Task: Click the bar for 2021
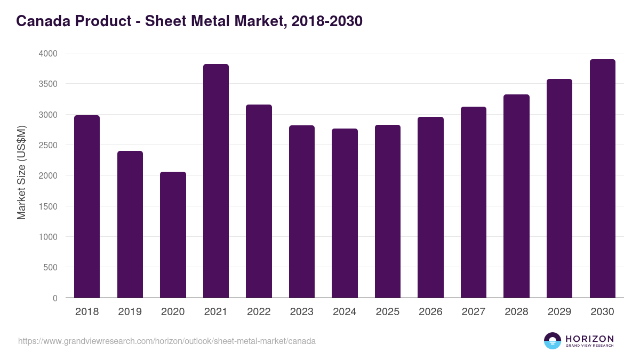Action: point(215,181)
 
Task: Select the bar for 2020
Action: point(173,235)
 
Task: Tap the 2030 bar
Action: point(602,179)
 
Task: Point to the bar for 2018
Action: point(87,206)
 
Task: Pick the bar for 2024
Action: point(345,213)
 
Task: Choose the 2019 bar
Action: point(130,224)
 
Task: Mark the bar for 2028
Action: point(516,196)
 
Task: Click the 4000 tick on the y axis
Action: point(47,53)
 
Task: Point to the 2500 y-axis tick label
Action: point(47,145)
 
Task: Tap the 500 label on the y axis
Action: point(51,267)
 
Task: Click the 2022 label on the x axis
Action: point(259,312)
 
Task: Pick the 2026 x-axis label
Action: point(430,312)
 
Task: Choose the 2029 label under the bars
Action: point(559,312)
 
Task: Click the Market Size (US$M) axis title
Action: point(21,172)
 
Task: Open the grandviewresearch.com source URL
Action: point(167,341)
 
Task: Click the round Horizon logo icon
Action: point(553,341)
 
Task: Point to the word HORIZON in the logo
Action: point(590,339)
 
